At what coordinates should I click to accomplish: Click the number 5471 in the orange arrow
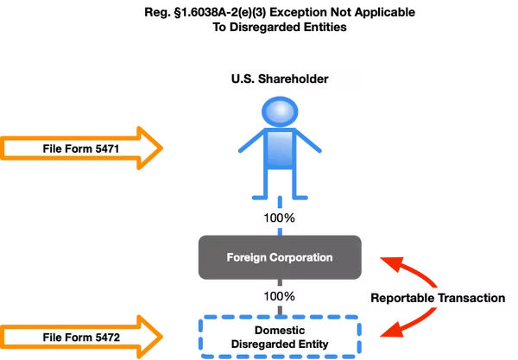coord(101,149)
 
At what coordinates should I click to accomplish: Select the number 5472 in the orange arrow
coord(101,334)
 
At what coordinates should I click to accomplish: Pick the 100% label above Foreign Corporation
coord(279,218)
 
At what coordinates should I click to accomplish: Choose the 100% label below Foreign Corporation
coord(279,296)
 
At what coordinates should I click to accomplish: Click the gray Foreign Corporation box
coord(279,257)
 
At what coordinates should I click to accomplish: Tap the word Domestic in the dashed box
coord(279,328)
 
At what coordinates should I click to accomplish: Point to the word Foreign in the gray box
coord(247,257)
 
